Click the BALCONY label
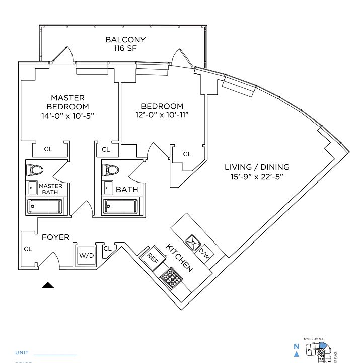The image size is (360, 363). [125, 40]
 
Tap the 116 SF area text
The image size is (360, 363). [125, 49]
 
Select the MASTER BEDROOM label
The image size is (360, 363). [67, 102]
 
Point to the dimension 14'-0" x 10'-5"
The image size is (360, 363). [67, 116]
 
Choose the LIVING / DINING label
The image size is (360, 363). [257, 167]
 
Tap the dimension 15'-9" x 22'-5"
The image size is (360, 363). [257, 176]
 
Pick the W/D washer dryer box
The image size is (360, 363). [86, 255]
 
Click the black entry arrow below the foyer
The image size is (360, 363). [48, 285]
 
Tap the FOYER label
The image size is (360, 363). [55, 237]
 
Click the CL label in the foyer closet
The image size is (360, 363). [28, 249]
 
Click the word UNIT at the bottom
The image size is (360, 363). [22, 353]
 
